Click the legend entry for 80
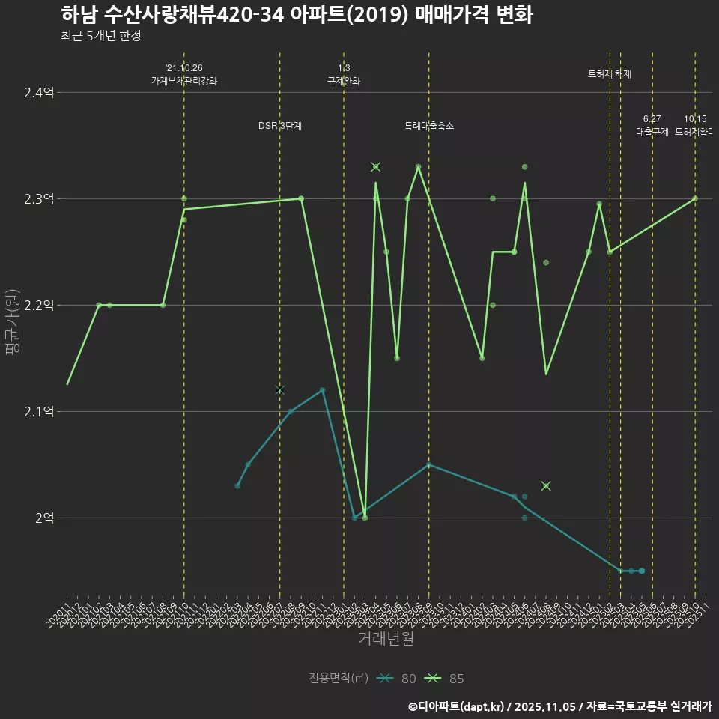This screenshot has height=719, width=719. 397,679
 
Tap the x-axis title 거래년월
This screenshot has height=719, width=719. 386,639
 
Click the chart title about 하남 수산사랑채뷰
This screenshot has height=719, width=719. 297,15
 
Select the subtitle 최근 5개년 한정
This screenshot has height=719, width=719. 100,36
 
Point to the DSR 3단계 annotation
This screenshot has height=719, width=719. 280,126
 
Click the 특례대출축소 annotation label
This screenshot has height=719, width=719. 429,126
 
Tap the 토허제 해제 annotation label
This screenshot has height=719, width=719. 610,74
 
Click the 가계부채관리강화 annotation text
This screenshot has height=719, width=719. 184,81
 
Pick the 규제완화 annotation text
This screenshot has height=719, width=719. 344,81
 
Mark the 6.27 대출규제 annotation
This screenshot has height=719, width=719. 652,125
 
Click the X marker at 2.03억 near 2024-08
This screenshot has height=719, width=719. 546,486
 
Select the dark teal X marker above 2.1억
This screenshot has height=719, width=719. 280,390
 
